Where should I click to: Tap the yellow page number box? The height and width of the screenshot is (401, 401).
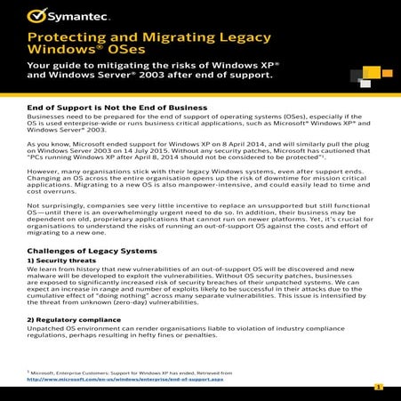click(x=378, y=388)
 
